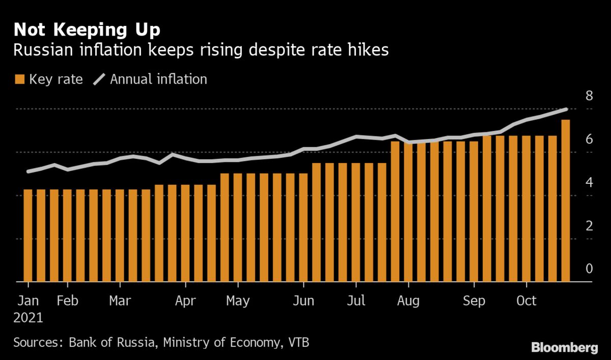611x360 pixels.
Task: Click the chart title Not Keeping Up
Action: coord(87,30)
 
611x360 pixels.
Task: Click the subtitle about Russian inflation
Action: coord(202,50)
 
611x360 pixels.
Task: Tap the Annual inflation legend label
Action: coord(158,79)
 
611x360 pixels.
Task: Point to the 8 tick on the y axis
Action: coord(589,95)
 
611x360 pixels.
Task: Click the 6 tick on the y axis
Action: coord(589,139)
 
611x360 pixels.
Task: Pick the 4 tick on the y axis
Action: coord(589,182)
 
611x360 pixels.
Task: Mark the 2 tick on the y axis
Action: coord(589,225)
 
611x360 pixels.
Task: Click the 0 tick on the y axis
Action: coord(589,268)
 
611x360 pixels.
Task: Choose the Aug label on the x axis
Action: coord(407,300)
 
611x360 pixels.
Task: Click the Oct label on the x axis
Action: coord(526,300)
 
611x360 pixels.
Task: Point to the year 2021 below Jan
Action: coord(28,318)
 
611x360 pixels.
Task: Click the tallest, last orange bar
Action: coord(565,201)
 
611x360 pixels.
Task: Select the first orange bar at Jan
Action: coord(27,235)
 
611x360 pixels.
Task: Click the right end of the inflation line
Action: coord(566,109)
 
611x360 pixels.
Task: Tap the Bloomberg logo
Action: coord(564,348)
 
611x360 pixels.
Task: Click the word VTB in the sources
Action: coord(296,342)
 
